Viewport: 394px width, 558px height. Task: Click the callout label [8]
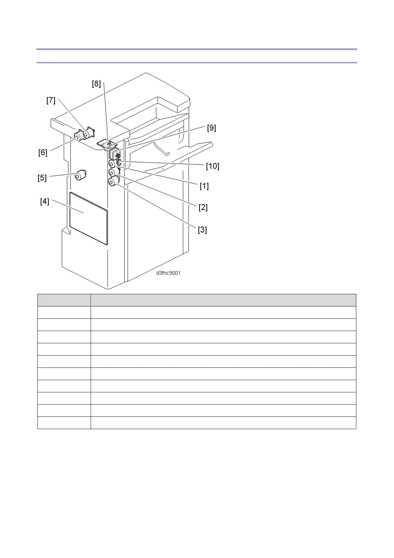pyautogui.click(x=96, y=84)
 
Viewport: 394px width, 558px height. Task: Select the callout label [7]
pyautogui.click(x=51, y=100)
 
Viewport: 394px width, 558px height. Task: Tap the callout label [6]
pyautogui.click(x=43, y=152)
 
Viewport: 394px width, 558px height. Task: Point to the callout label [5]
pyautogui.click(x=42, y=178)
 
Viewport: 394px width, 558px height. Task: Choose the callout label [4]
pyautogui.click(x=45, y=201)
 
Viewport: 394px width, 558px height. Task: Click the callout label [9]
pyautogui.click(x=211, y=128)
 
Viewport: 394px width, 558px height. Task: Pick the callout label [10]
pyautogui.click(x=212, y=166)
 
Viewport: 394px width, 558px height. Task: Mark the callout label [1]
pyautogui.click(x=204, y=186)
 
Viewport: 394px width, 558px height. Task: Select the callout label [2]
pyautogui.click(x=203, y=207)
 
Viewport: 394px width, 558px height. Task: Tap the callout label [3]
pyautogui.click(x=202, y=229)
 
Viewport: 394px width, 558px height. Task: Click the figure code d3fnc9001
pyautogui.click(x=168, y=273)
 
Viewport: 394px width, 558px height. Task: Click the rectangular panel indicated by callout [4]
pyautogui.click(x=89, y=219)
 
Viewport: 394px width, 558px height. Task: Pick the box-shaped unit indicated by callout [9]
pyautogui.click(x=114, y=154)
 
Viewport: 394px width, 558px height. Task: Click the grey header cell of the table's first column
pyautogui.click(x=64, y=300)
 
